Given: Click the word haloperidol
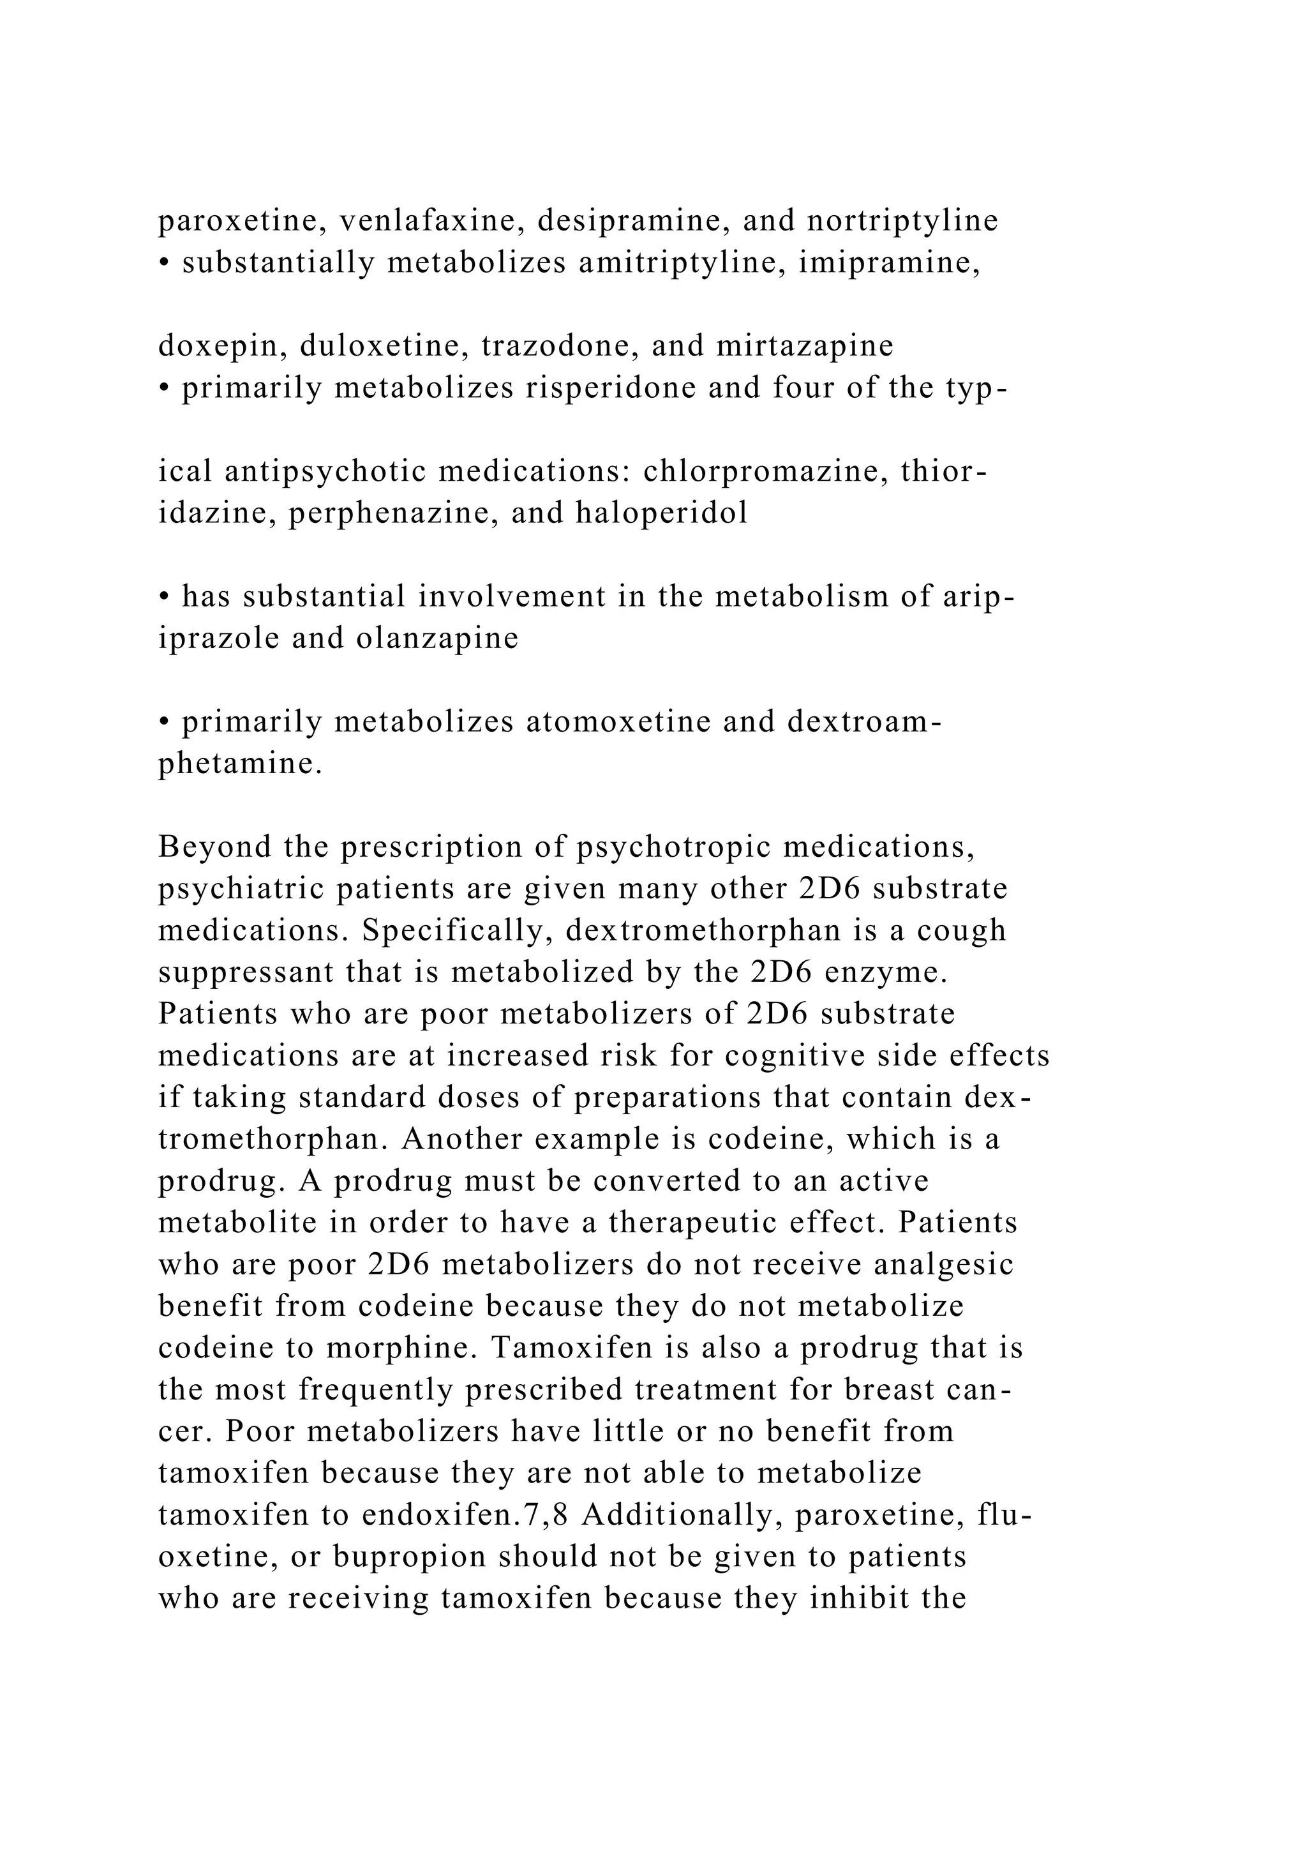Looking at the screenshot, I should click(662, 513).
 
